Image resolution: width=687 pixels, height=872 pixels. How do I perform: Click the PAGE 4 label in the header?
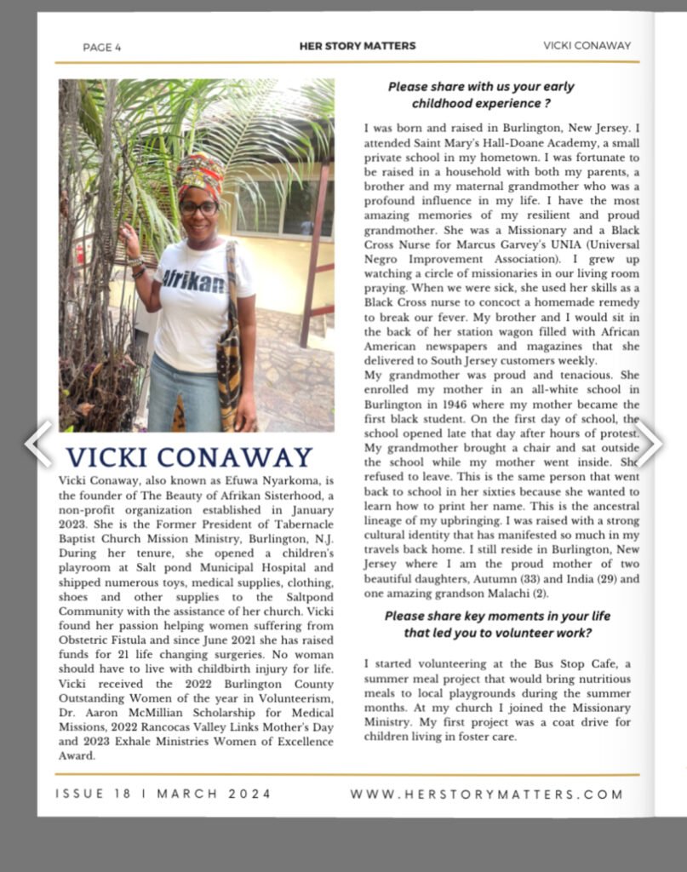(102, 47)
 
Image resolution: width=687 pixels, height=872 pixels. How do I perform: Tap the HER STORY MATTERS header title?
(358, 46)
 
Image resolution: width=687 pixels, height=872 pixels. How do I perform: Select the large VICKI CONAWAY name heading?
(190, 457)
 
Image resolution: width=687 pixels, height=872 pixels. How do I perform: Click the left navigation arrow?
(38, 443)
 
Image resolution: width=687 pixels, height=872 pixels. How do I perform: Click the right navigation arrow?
(650, 443)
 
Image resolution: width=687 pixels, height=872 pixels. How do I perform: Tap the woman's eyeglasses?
(198, 207)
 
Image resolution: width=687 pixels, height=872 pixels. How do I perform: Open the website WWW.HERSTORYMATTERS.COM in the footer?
(487, 794)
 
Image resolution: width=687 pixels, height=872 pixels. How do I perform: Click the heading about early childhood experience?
(481, 95)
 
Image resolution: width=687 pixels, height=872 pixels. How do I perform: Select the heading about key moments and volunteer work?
(498, 623)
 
